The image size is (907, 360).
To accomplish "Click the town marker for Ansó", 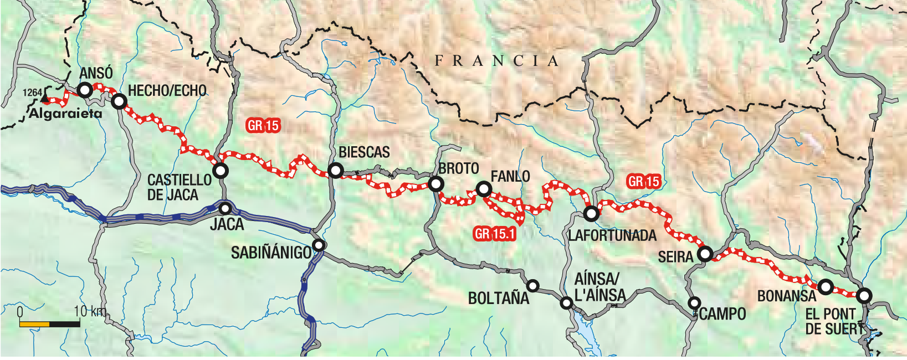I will coord(85,90).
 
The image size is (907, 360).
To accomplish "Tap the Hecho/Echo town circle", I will coord(119,101).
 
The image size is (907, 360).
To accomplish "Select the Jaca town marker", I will coord(226,209).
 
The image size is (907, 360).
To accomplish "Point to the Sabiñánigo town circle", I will coord(319,245).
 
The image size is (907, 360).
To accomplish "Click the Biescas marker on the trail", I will coord(335,171).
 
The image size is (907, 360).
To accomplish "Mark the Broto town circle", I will coord(436,184).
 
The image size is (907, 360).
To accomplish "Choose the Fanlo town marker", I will coord(484,190).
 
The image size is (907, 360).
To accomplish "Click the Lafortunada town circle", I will coord(591,213).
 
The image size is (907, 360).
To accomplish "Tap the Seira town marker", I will coord(705,254).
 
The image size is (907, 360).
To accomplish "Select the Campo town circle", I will coord(694,303).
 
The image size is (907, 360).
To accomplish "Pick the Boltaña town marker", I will coord(532,286).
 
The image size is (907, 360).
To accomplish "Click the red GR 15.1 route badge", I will coord(495,234).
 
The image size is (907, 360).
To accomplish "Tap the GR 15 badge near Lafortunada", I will coord(644,181).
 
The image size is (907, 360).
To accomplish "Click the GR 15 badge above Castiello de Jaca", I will coord(263,126).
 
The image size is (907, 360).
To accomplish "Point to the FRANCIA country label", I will coord(496,61).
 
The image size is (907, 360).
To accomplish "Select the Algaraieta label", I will coord(65,114).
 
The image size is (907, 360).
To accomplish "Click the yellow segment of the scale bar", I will coord(34,323).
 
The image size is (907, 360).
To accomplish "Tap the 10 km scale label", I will coord(89,311).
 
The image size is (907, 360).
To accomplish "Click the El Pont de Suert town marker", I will coord(864,296).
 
